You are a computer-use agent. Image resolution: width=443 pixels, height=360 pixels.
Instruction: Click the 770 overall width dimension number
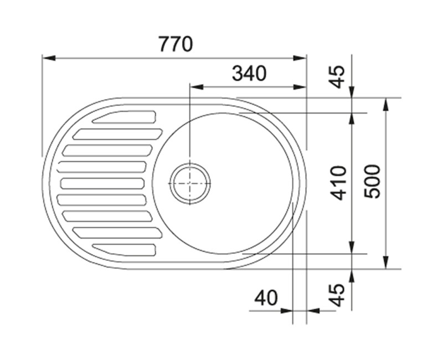[176, 44]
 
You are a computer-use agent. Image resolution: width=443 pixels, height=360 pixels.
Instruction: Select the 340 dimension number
[249, 73]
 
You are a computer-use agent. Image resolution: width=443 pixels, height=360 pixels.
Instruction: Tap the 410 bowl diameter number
[338, 183]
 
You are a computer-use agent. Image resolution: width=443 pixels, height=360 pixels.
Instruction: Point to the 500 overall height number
[372, 182]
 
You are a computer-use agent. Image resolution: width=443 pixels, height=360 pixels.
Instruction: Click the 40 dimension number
[266, 298]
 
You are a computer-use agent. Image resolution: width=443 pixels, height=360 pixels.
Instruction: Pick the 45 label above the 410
[338, 76]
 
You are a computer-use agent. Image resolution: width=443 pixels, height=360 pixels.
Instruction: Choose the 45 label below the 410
[338, 295]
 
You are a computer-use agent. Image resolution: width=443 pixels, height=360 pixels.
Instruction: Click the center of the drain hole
[190, 183]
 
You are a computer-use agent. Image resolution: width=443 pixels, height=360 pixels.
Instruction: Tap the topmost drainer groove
[124, 117]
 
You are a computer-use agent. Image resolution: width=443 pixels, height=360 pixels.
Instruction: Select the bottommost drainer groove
[124, 250]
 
